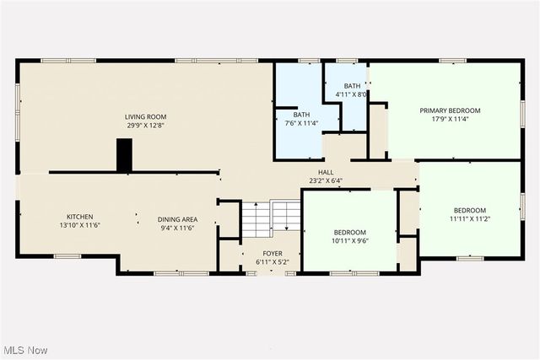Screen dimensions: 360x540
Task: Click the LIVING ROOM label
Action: coord(143,116)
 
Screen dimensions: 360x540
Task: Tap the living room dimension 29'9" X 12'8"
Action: coord(143,126)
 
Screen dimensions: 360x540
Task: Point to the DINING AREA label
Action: coord(177,219)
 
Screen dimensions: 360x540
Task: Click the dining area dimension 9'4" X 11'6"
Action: coord(177,228)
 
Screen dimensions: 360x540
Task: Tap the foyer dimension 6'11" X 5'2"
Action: coord(272,262)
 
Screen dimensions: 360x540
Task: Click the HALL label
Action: coord(326,171)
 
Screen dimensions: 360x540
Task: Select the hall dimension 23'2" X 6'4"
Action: coord(326,180)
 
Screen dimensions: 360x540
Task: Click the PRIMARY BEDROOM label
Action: coord(451,110)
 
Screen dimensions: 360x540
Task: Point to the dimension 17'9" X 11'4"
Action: coord(451,120)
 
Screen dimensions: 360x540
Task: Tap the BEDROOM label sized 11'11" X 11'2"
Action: coord(470,210)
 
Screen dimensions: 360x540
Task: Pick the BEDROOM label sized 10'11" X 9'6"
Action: coord(349,232)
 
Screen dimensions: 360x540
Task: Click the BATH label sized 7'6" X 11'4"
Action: coord(301,115)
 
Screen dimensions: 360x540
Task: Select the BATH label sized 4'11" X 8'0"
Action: coord(352,86)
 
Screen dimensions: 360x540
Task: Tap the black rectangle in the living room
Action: coord(125,154)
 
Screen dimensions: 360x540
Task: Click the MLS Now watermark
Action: coord(24,350)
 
